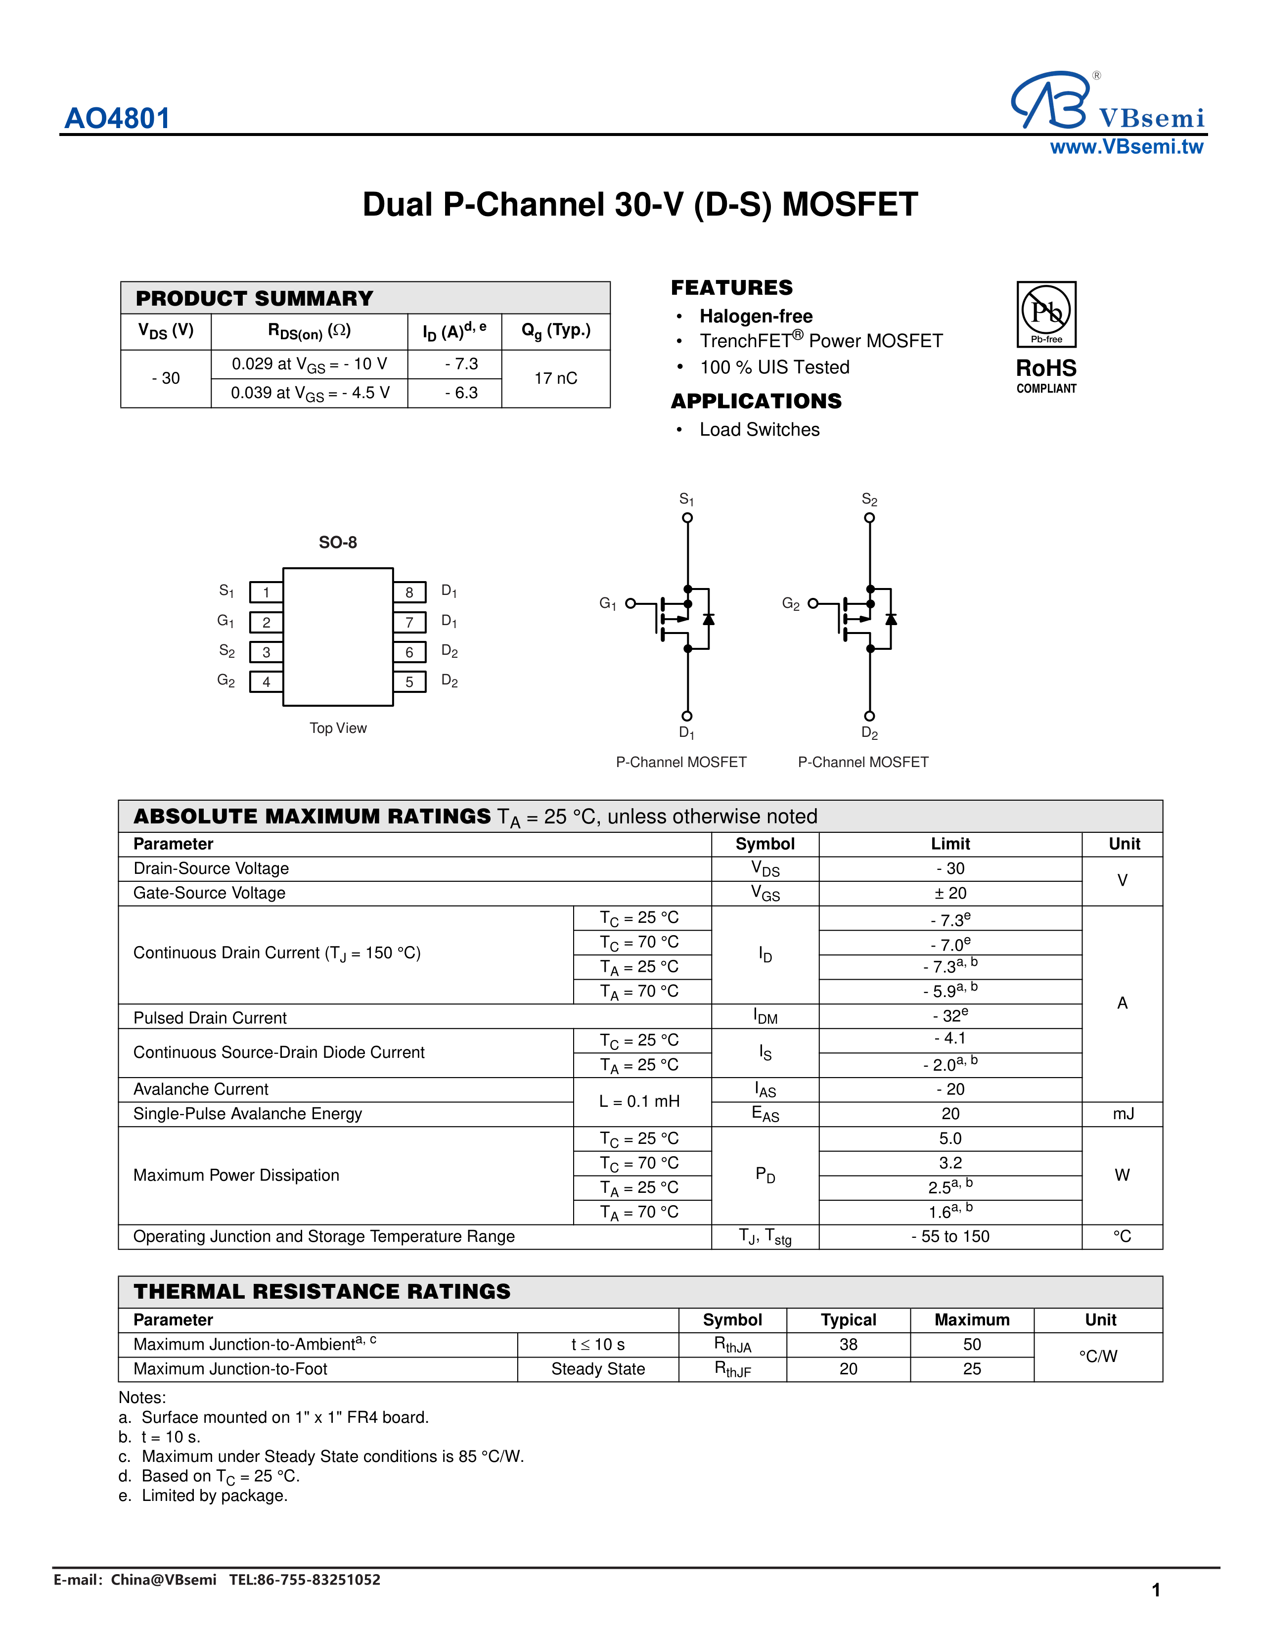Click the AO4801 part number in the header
point(117,118)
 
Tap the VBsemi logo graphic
point(1049,101)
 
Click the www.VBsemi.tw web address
point(1126,147)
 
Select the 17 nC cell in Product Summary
point(555,378)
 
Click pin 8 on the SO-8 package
point(409,592)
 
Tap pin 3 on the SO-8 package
point(266,652)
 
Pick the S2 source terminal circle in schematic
point(869,518)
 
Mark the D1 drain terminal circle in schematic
point(687,716)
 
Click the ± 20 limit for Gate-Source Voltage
point(950,893)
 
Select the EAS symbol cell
point(765,1114)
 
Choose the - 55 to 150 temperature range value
point(950,1237)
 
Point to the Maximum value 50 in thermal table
point(972,1344)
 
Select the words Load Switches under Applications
point(759,430)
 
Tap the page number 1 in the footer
point(1156,1590)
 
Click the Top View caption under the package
point(338,728)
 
